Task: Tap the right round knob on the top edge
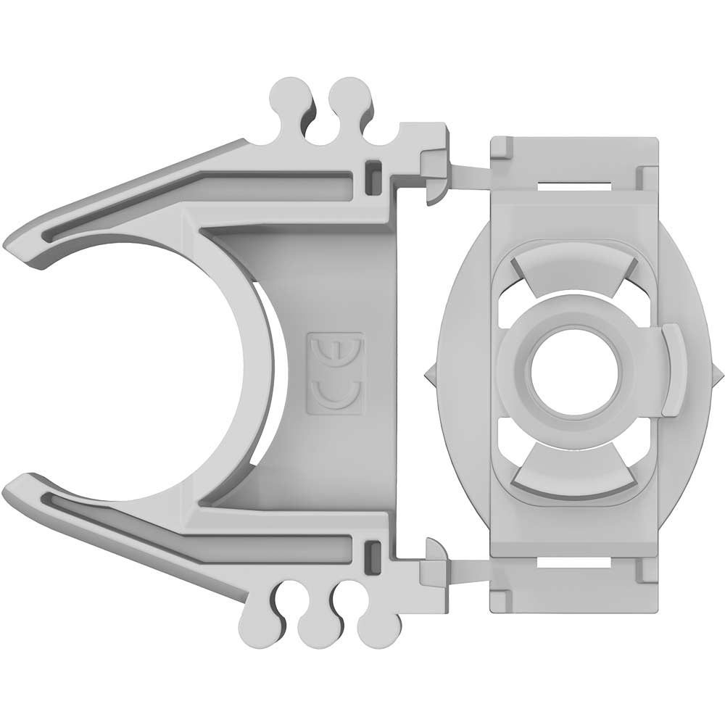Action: coord(349,94)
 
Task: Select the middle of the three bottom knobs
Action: coord(317,629)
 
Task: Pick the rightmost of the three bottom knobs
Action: coord(376,629)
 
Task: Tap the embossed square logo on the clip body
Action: coord(335,374)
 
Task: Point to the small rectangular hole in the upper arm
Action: coord(373,174)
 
